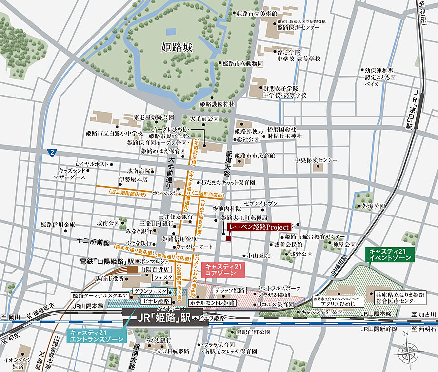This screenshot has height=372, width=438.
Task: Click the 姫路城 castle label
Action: [x=178, y=47]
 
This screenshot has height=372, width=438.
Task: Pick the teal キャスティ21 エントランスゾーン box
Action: [x=98, y=336]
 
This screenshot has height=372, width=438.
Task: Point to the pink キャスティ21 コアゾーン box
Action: [x=223, y=270]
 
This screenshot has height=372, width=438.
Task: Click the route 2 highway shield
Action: [x=52, y=152]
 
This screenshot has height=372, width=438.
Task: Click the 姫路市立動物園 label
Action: [x=243, y=64]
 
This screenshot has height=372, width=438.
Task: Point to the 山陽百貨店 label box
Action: [x=155, y=269]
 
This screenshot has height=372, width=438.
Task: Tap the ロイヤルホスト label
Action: [x=91, y=164]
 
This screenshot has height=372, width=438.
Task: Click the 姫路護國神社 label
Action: [x=218, y=104]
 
